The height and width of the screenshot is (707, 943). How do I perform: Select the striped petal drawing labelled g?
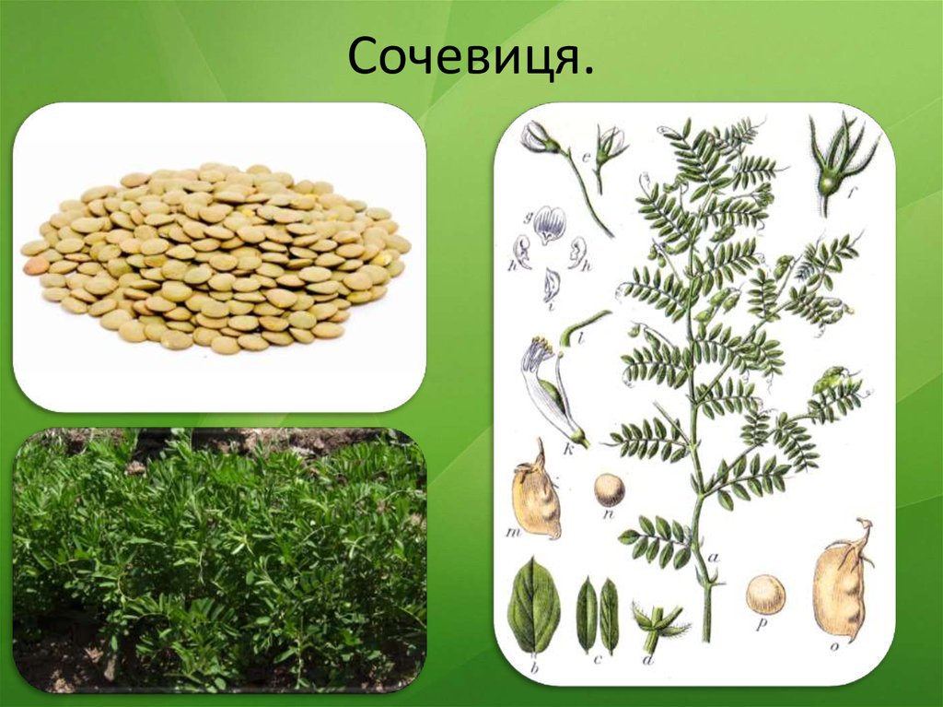click(551, 222)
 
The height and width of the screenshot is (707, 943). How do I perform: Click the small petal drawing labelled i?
click(551, 286)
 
